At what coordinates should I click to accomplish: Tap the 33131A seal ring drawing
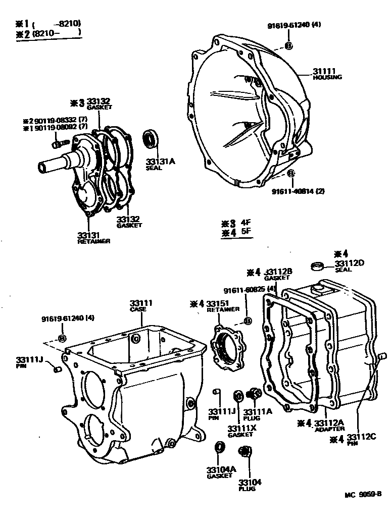150,138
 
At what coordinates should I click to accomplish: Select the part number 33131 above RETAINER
89,235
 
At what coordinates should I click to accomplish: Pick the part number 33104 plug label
250,482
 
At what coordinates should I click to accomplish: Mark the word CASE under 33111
138,309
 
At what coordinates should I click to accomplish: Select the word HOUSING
327,77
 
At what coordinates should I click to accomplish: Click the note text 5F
246,233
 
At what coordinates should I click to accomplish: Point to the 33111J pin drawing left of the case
57,371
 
